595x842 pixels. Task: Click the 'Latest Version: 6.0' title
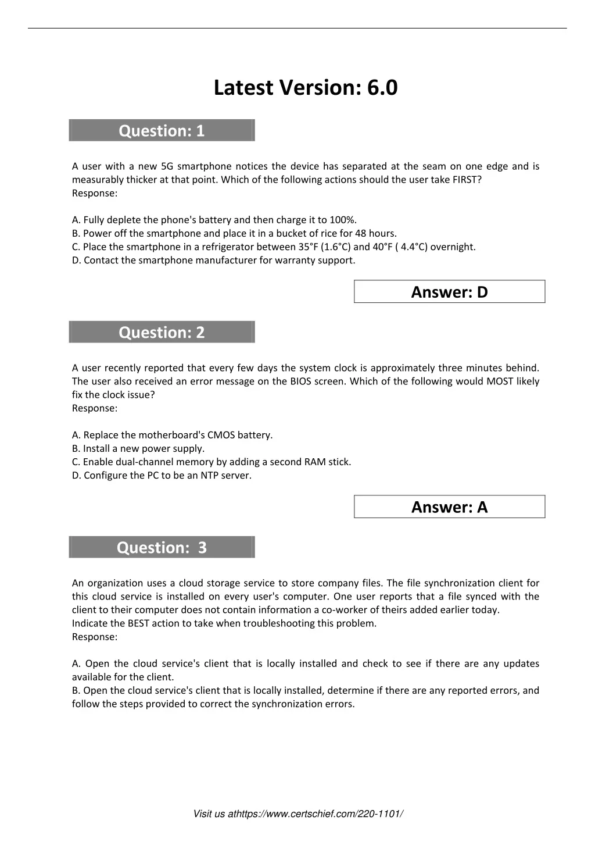point(306,88)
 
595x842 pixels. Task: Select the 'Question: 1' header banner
point(162,131)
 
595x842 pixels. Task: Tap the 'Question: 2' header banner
point(162,333)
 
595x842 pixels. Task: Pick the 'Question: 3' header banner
point(162,548)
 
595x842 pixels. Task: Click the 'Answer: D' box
point(449,292)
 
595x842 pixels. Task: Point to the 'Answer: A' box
point(449,507)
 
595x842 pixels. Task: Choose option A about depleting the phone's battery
point(214,220)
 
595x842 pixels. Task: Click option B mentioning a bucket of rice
point(234,233)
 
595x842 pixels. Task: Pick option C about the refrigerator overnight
point(274,247)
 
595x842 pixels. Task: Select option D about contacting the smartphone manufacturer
point(213,260)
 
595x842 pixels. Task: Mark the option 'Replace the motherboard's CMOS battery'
point(172,435)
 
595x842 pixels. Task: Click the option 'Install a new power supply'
point(138,448)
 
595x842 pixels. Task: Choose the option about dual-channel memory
point(212,462)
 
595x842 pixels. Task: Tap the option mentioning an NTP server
point(162,475)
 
